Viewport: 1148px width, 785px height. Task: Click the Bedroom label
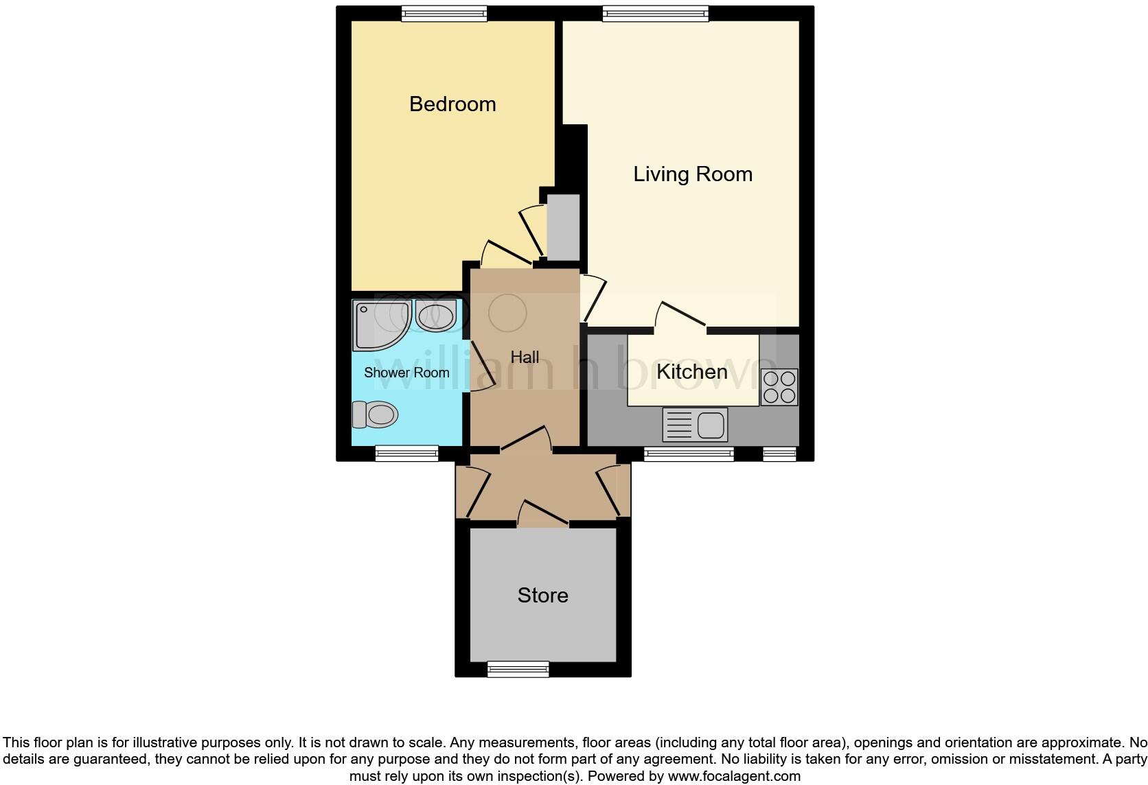pos(452,104)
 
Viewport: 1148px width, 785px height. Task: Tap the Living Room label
pos(692,174)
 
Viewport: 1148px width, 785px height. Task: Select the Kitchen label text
pos(691,372)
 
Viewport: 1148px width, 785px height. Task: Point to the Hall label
pos(525,358)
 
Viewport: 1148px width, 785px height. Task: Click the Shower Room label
pos(406,373)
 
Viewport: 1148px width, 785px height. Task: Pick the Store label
pos(542,595)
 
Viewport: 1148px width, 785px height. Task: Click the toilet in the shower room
pos(376,414)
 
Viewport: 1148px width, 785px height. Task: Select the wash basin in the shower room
pos(435,316)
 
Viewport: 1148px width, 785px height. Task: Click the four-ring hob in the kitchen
pos(779,387)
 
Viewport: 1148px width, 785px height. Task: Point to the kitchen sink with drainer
pos(695,425)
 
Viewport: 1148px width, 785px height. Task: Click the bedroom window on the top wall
pos(444,13)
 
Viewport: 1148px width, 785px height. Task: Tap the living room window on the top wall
pos(655,13)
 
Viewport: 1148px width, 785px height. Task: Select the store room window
pos(518,669)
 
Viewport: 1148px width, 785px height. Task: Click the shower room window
pos(406,454)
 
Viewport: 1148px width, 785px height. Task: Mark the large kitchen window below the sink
pos(689,454)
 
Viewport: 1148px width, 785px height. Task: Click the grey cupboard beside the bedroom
pos(564,227)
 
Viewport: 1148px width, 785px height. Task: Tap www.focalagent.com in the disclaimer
pos(733,777)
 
